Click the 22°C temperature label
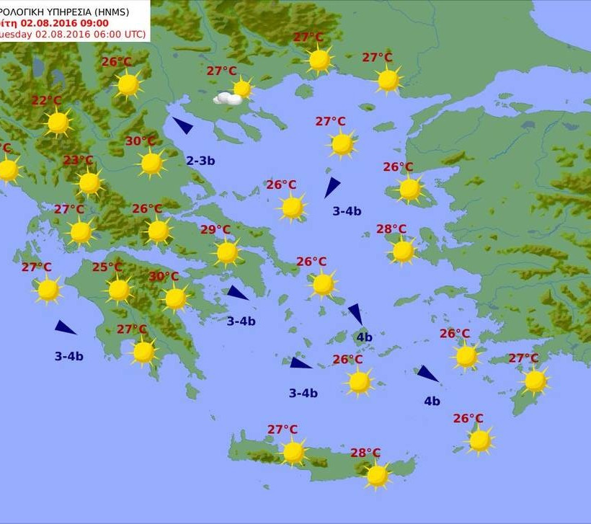click(x=47, y=101)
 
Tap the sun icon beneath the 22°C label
click(x=58, y=123)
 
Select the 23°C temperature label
click(x=78, y=160)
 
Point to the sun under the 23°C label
click(x=89, y=183)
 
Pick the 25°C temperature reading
click(x=107, y=267)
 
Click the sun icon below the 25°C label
click(x=119, y=290)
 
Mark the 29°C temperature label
click(x=215, y=230)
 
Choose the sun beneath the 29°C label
click(x=227, y=252)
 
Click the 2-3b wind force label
click(x=200, y=161)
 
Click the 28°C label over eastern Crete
click(x=365, y=453)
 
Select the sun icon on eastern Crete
click(x=377, y=476)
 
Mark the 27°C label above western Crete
click(x=283, y=430)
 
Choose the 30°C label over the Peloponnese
click(x=164, y=276)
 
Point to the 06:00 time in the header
click(x=105, y=34)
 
